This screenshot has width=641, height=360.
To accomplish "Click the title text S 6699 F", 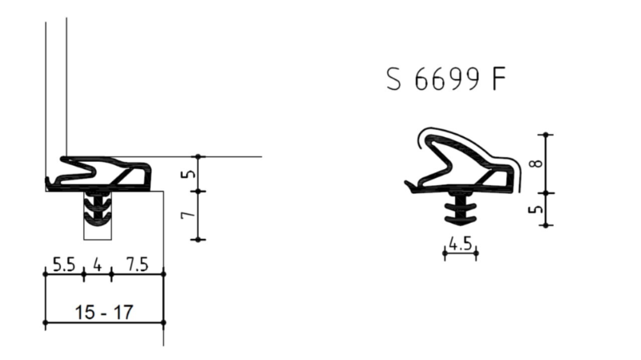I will [x=445, y=80].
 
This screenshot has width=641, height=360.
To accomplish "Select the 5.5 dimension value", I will [x=64, y=265].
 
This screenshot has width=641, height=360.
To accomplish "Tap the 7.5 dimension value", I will [x=137, y=265].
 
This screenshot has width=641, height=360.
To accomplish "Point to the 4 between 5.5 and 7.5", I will [x=97, y=265].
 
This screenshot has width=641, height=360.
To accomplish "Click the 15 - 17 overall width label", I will [x=104, y=313].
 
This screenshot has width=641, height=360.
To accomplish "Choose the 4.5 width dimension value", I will [x=460, y=245].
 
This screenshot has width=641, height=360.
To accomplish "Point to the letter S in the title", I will [x=393, y=80].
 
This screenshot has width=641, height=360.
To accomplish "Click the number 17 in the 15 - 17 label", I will [x=123, y=313].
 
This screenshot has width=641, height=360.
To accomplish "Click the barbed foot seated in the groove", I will [x=98, y=210].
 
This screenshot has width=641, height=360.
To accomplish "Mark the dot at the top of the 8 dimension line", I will [x=546, y=134].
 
